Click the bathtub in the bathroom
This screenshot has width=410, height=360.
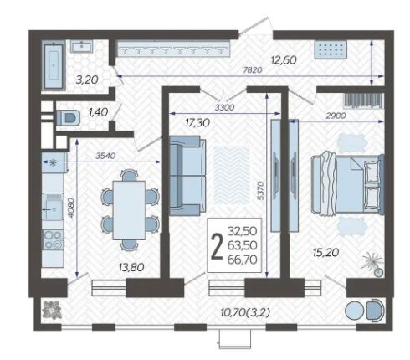tap(54, 65)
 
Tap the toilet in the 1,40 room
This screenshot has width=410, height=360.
tap(68, 117)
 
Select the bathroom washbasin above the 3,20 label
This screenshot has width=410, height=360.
tap(81, 46)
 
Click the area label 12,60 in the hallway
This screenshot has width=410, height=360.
tap(284, 60)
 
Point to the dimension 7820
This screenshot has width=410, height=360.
tap(253, 70)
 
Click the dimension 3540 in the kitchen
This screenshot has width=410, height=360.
tap(105, 156)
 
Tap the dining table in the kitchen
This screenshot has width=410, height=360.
tap(129, 210)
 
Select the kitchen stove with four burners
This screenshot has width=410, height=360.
tap(53, 239)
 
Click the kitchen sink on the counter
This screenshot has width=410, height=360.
tap(52, 207)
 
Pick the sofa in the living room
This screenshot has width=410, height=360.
tap(187, 176)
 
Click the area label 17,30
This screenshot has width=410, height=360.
tap(197, 122)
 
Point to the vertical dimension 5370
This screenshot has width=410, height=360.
tap(260, 190)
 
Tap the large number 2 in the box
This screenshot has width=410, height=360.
tap(217, 246)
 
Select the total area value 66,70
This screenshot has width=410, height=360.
tap(242, 260)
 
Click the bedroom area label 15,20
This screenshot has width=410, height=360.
tap(325, 253)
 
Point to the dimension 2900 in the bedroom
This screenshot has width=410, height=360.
tap(336, 116)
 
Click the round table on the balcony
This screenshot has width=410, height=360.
tap(354, 311)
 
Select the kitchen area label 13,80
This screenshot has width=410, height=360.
tap(131, 268)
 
